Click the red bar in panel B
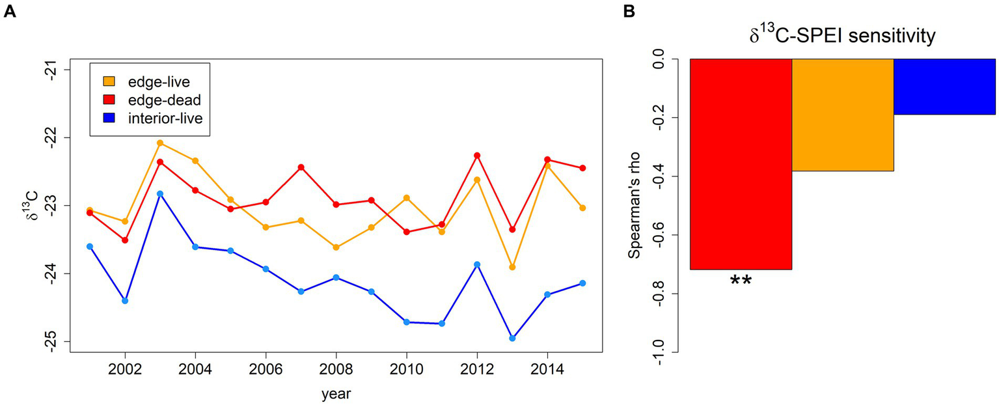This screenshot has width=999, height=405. (x=741, y=163)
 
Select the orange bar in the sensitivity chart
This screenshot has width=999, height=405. (x=842, y=115)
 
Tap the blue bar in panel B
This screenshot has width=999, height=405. (x=944, y=87)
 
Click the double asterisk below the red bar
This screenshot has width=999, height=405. (x=741, y=281)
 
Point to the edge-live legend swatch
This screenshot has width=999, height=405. (x=110, y=81)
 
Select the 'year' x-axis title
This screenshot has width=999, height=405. (x=336, y=394)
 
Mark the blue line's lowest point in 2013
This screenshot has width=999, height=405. (x=512, y=339)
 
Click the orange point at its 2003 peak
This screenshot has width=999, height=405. (x=160, y=143)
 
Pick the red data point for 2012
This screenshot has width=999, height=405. (x=477, y=156)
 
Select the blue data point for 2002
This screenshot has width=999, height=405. (x=125, y=301)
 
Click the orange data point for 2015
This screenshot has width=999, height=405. (x=582, y=208)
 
